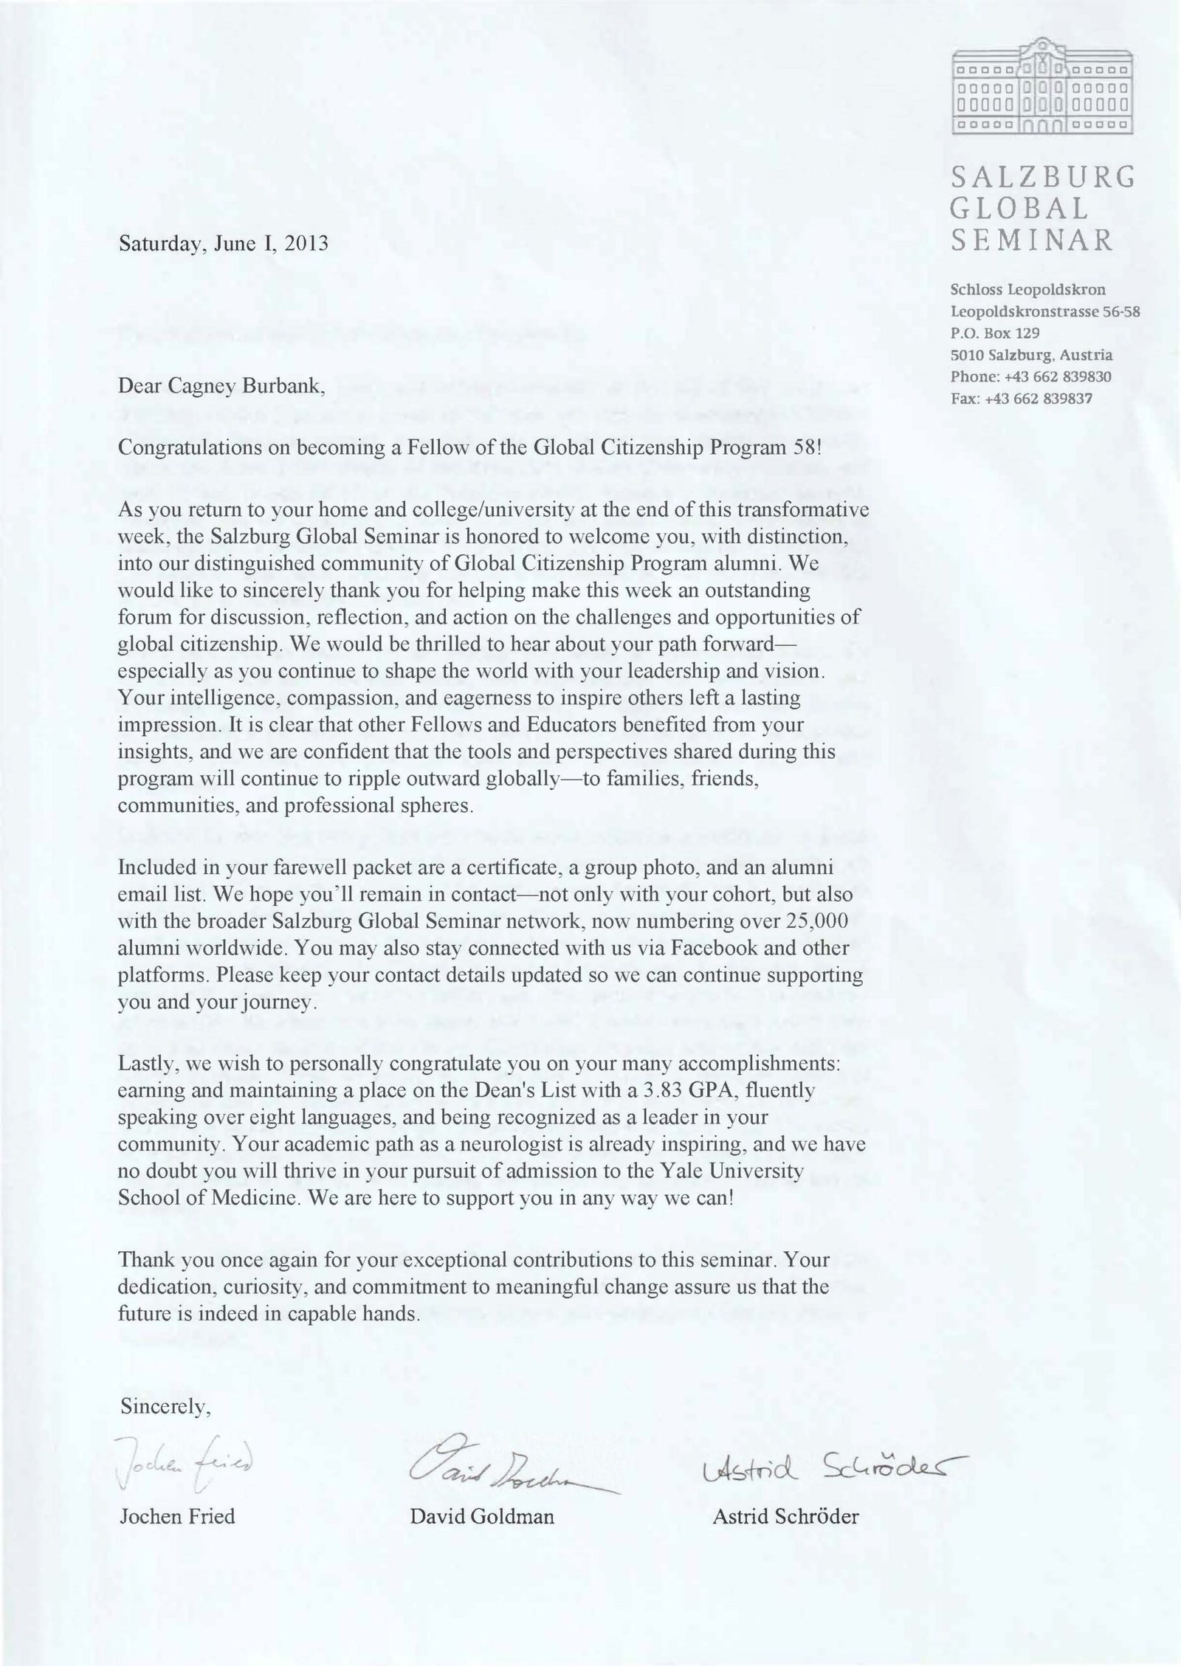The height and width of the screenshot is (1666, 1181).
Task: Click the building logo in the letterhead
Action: [1041, 89]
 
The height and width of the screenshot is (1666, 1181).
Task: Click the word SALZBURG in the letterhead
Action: [1042, 178]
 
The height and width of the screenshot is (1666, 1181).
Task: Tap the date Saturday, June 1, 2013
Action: [223, 244]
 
